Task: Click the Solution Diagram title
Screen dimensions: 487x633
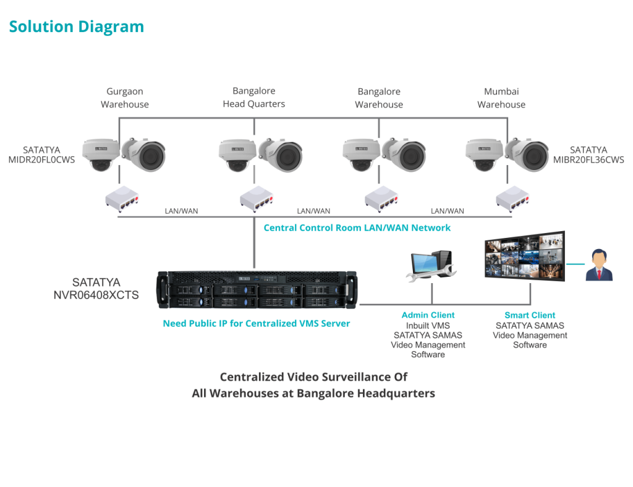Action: (x=76, y=27)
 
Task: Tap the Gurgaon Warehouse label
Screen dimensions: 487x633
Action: (x=125, y=98)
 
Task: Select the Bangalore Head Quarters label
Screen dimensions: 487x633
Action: (x=254, y=98)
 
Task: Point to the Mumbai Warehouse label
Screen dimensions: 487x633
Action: (x=501, y=98)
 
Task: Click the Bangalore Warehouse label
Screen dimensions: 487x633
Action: (x=379, y=98)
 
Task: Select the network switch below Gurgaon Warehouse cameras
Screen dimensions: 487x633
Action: (x=121, y=199)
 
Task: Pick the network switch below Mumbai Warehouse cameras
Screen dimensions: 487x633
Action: (x=512, y=199)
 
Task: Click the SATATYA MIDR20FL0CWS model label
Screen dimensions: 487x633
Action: (x=41, y=155)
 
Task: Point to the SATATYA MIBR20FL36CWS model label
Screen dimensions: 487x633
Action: (x=588, y=155)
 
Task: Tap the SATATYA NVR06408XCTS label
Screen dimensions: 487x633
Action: (x=96, y=289)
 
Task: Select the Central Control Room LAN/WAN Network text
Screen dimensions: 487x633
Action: (x=357, y=227)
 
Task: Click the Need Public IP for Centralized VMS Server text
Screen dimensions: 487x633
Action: (x=256, y=323)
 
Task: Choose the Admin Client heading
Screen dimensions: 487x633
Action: (x=428, y=315)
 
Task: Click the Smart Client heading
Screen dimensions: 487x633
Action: (x=530, y=315)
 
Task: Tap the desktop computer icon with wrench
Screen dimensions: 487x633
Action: (x=430, y=265)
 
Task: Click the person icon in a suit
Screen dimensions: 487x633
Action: (x=598, y=265)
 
